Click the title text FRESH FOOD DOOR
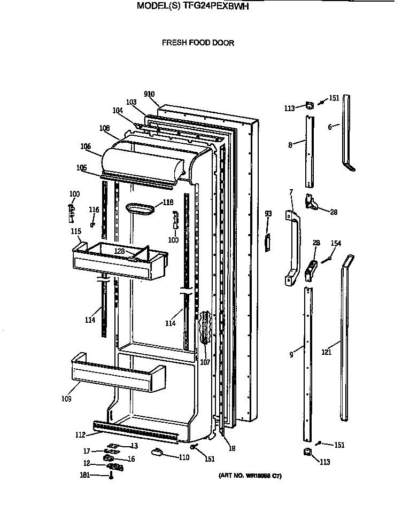coord(198,43)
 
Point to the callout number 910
coord(149,95)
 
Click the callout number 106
coord(86,146)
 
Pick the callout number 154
coord(336,243)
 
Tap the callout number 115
coord(76,231)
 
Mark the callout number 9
coord(292,354)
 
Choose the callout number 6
coord(330,127)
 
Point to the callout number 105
coord(81,167)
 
